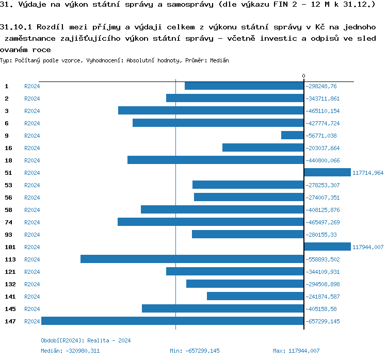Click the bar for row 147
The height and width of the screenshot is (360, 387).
(172, 321)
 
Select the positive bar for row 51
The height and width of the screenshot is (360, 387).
(327, 172)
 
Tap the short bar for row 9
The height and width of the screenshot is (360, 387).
(292, 135)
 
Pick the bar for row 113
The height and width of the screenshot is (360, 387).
(192, 259)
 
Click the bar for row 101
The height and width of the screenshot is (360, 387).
(327, 247)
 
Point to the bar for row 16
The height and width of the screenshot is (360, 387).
(263, 148)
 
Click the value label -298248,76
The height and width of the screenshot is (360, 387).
(320, 86)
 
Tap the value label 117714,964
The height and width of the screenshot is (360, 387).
(368, 173)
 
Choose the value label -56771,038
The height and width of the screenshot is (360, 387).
(320, 136)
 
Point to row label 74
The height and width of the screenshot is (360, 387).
(8, 222)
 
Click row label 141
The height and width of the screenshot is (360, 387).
(10, 297)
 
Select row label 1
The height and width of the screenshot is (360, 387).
(7, 86)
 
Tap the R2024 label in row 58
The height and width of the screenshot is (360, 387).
(32, 210)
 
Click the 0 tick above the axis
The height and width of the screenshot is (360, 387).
(303, 76)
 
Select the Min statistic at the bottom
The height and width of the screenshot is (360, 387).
(195, 351)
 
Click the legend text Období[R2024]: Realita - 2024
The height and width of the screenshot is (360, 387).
(86, 340)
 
